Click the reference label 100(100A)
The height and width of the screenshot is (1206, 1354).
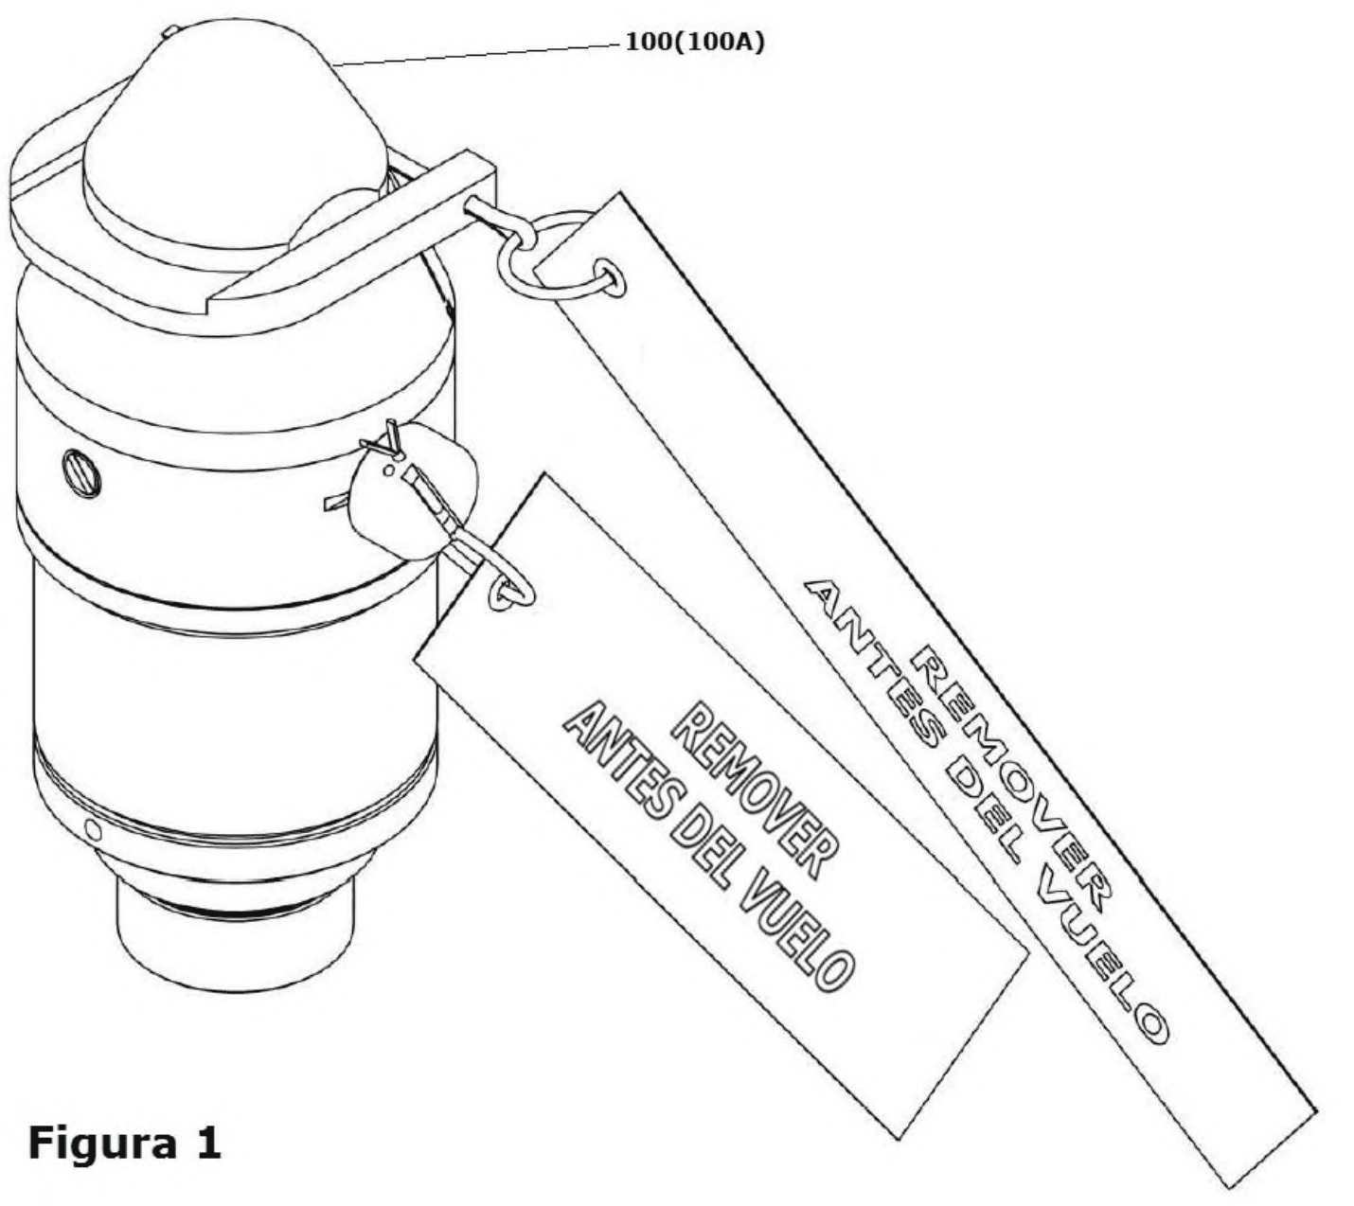tap(694, 42)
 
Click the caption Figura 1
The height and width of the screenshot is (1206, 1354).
tap(124, 1143)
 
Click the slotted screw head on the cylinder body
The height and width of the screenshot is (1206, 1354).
tap(82, 473)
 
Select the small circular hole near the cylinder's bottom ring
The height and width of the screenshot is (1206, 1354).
tap(94, 830)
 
